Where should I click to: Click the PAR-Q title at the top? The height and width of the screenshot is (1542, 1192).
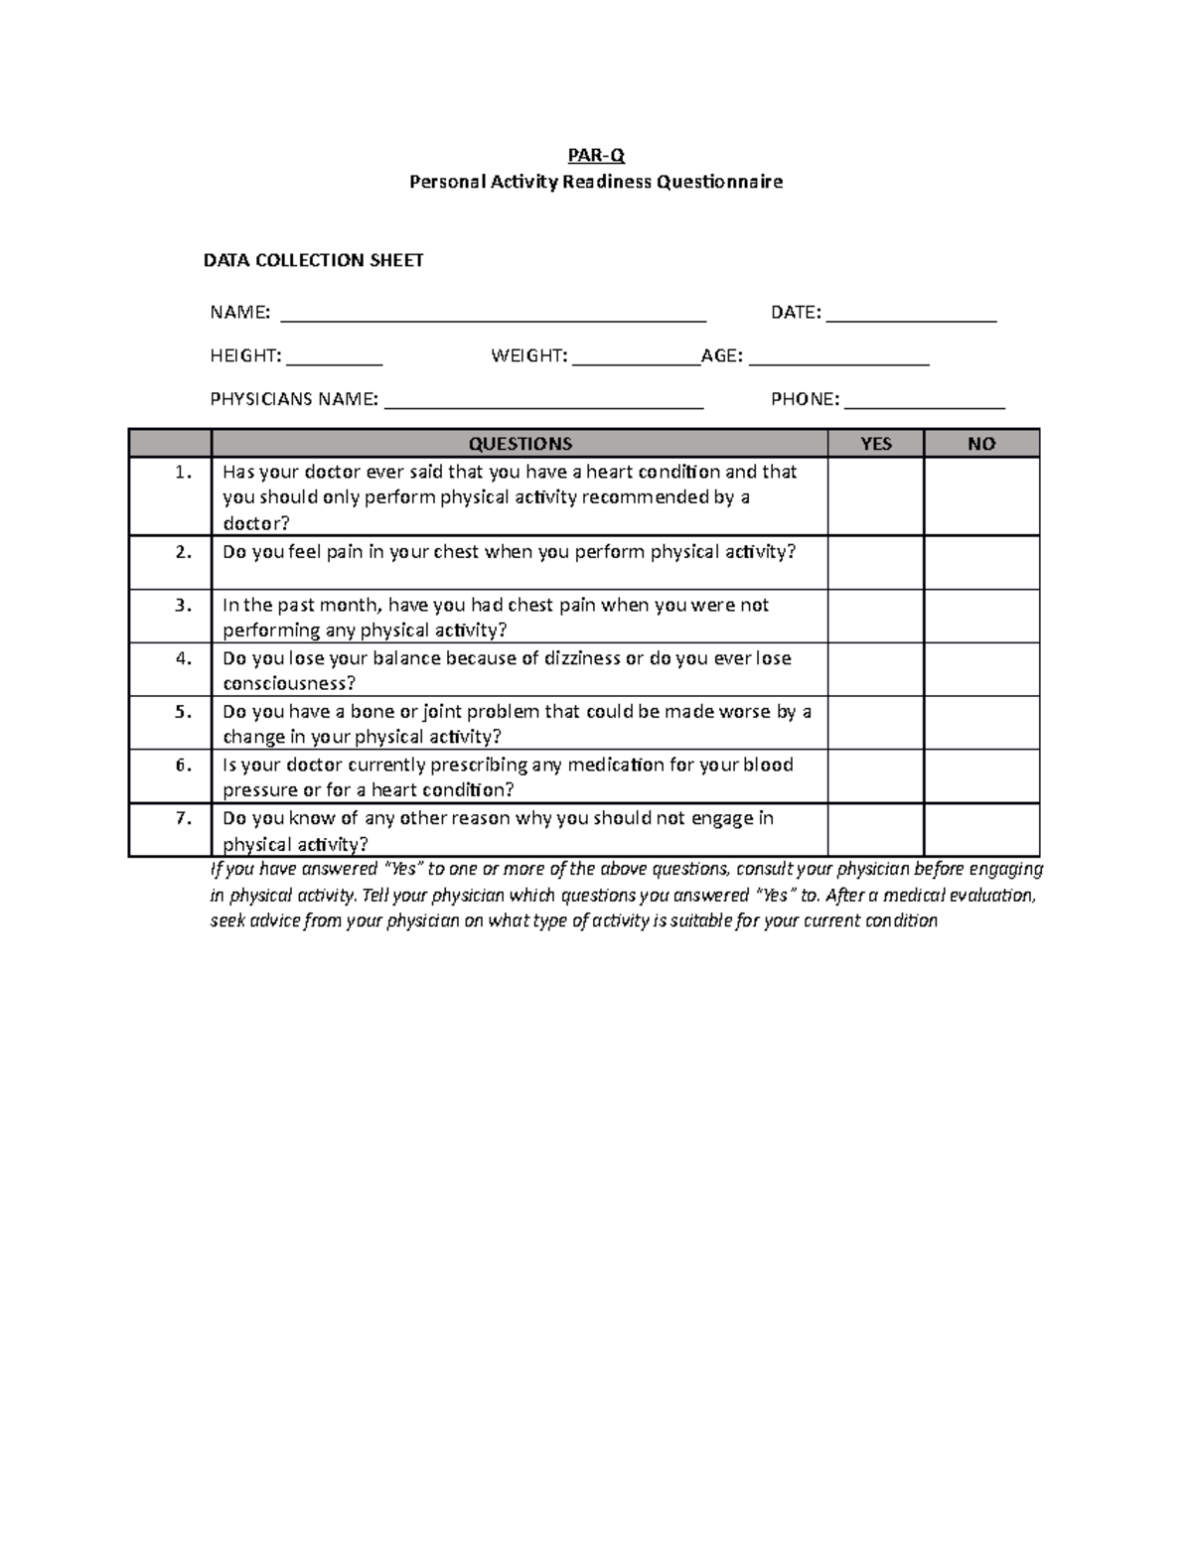click(x=596, y=155)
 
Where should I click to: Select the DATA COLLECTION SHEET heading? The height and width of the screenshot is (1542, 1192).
click(x=313, y=260)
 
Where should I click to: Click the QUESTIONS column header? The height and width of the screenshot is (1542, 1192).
click(x=520, y=444)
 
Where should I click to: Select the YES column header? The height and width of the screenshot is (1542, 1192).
click(x=875, y=444)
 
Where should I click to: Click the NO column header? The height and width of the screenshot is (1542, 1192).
click(x=980, y=444)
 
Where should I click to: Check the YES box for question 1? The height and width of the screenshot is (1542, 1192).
click(x=875, y=496)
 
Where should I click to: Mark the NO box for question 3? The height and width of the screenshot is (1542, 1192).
click(x=980, y=617)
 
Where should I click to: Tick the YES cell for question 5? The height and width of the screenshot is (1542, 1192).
click(x=875, y=723)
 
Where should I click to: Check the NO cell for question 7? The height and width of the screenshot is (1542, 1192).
click(x=980, y=830)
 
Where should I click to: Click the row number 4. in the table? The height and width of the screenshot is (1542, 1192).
click(x=183, y=658)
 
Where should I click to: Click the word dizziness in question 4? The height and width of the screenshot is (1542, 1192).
click(x=581, y=658)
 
